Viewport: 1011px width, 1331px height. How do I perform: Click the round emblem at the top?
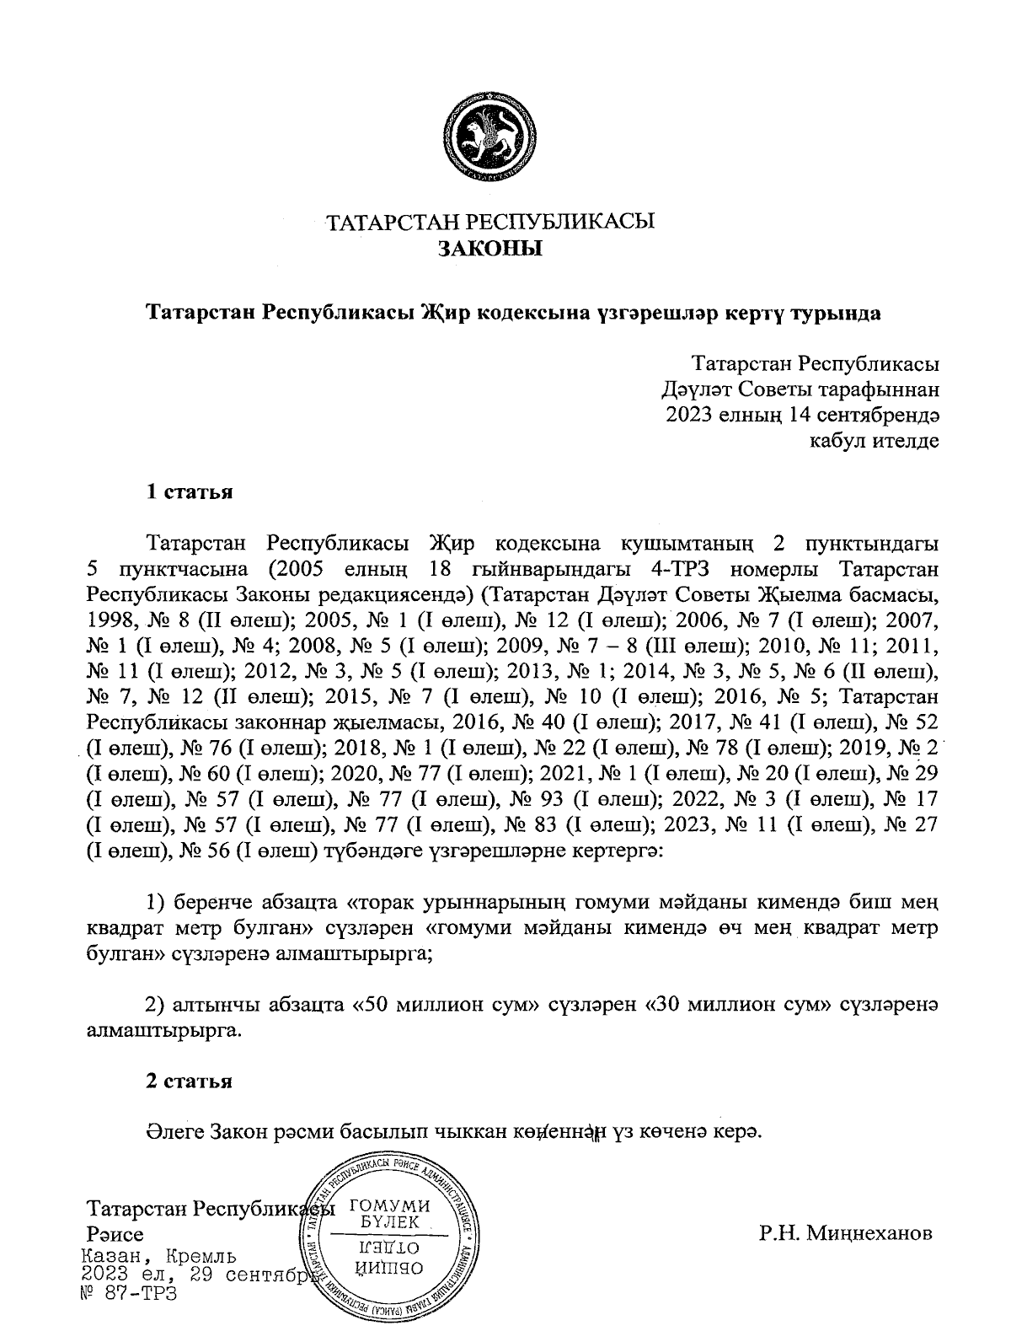click(490, 140)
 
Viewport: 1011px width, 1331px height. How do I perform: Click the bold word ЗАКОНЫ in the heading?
click(490, 249)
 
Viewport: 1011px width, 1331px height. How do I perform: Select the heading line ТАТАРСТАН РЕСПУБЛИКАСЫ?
click(490, 223)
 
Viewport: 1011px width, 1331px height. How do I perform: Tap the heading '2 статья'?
click(190, 1081)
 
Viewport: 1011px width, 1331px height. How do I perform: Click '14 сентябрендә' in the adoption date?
click(862, 415)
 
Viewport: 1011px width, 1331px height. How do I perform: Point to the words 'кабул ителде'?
click(874, 440)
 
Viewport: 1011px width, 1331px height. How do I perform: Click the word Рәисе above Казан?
click(110, 1235)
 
